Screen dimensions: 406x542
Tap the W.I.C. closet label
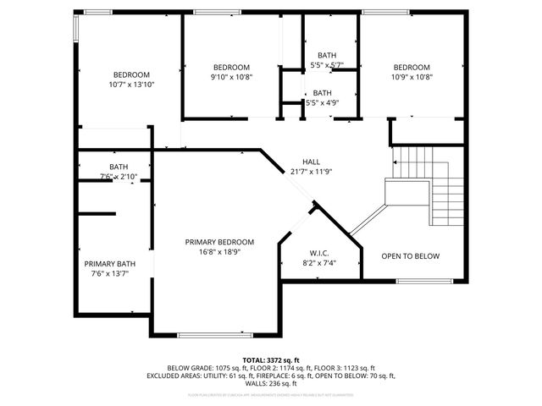click(x=319, y=252)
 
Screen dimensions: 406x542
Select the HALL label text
click(x=312, y=162)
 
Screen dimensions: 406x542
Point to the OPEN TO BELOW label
click(x=410, y=256)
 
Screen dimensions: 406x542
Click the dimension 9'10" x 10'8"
click(x=231, y=77)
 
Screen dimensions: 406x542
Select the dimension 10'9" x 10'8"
click(x=412, y=77)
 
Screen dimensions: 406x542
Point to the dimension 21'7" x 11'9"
click(x=312, y=172)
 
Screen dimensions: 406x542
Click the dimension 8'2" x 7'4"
click(x=319, y=262)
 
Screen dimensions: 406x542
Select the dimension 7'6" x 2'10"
click(x=118, y=176)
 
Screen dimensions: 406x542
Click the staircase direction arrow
click(x=395, y=162)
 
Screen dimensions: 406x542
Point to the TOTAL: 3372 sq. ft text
click(x=271, y=359)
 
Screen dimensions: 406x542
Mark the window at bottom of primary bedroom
click(x=214, y=335)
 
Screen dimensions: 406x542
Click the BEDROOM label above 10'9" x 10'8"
click(x=412, y=68)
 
